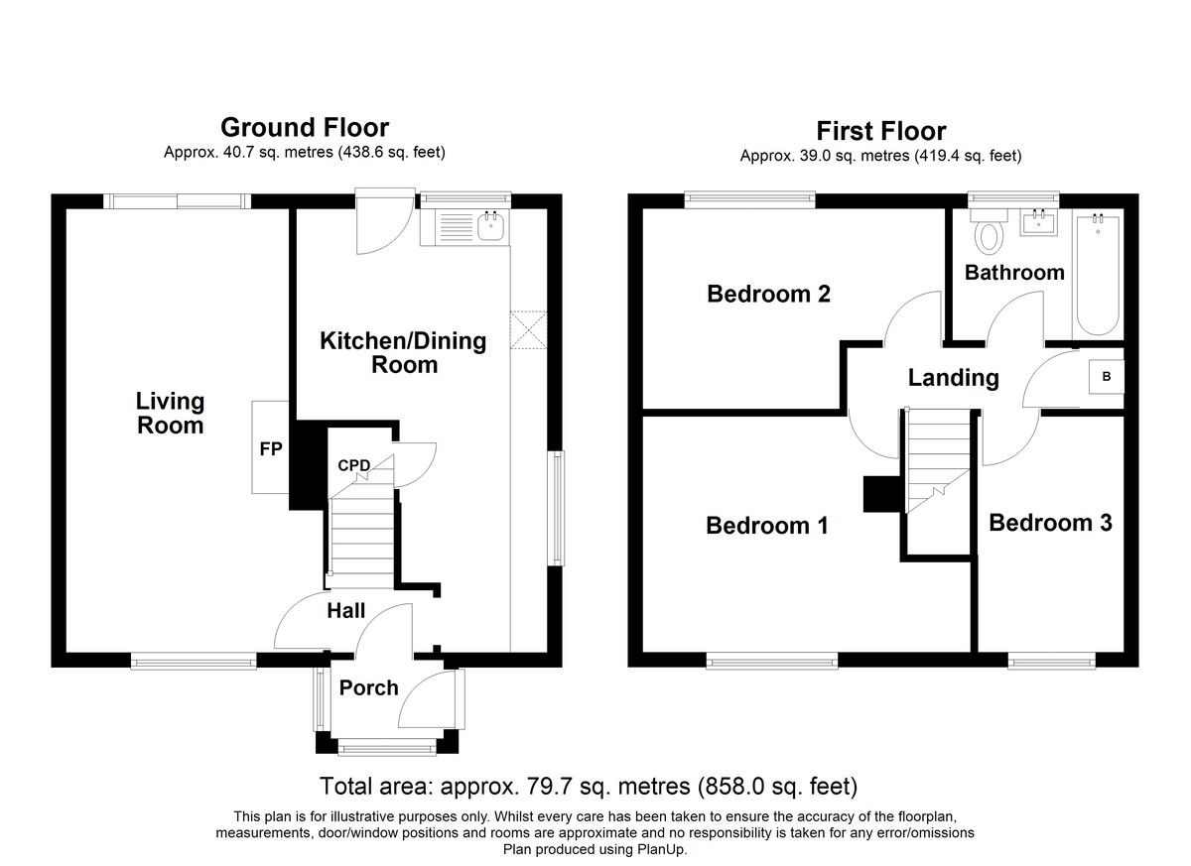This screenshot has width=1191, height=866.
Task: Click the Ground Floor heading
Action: pyautogui.click(x=305, y=128)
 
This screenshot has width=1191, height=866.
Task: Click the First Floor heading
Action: pyautogui.click(x=881, y=131)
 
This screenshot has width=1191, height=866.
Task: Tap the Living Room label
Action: pyautogui.click(x=170, y=414)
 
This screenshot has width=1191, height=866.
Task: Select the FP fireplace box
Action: pyautogui.click(x=270, y=447)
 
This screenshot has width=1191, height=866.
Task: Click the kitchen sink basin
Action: pyautogui.click(x=490, y=226)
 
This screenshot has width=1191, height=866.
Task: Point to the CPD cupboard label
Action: pyautogui.click(x=353, y=465)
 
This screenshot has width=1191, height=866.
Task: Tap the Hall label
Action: pyautogui.click(x=346, y=611)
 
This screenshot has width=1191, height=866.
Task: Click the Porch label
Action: pyautogui.click(x=369, y=688)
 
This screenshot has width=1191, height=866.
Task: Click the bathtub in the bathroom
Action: pyautogui.click(x=1099, y=274)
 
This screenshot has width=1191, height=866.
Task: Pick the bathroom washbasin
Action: pyautogui.click(x=1038, y=222)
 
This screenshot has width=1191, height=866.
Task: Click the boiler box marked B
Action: pyautogui.click(x=1107, y=377)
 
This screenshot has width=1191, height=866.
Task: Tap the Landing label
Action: pyautogui.click(x=954, y=378)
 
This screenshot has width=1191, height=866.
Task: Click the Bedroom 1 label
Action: pyautogui.click(x=766, y=526)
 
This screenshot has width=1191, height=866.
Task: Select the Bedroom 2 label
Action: pyautogui.click(x=768, y=294)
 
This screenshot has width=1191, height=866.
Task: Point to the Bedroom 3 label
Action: pyautogui.click(x=1050, y=523)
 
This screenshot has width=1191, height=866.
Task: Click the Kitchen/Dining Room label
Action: pyautogui.click(x=403, y=353)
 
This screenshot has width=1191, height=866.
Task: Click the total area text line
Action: pyautogui.click(x=589, y=787)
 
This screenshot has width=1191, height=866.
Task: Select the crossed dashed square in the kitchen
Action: pyautogui.click(x=528, y=330)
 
